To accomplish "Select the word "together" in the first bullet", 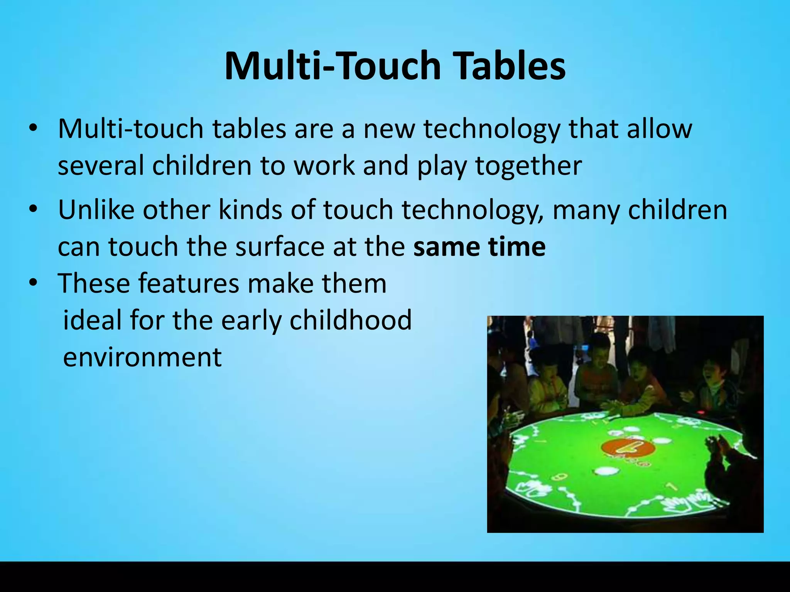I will [528, 166].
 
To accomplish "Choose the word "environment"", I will [142, 357].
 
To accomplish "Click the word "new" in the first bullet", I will [389, 129].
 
